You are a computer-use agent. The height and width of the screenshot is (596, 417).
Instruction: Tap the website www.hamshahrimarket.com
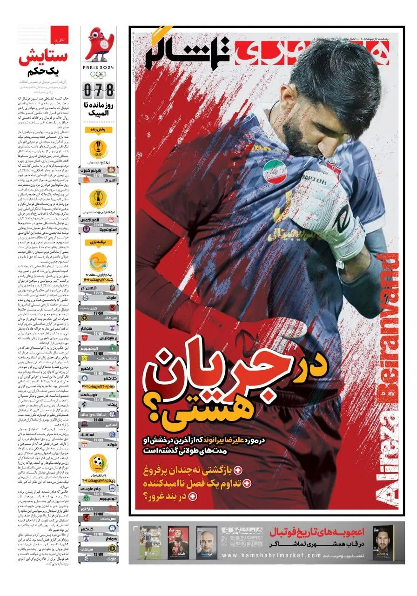pyautogui.click(x=272, y=555)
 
